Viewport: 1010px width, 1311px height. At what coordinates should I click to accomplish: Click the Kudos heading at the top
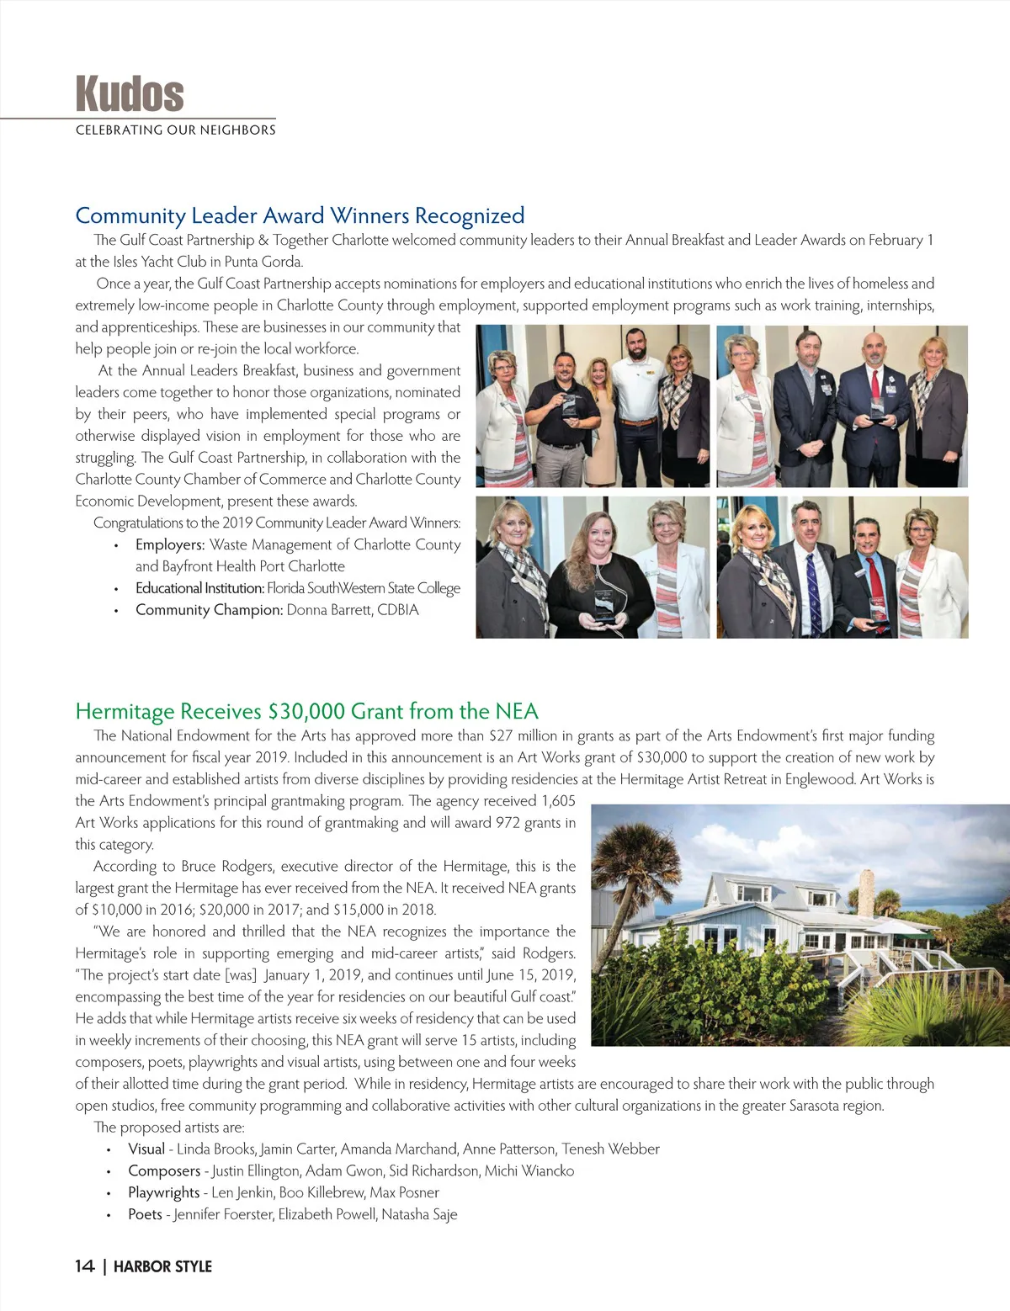(130, 93)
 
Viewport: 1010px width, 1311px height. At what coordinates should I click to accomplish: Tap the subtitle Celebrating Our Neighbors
(175, 130)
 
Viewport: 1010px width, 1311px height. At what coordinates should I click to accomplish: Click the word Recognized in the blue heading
(470, 215)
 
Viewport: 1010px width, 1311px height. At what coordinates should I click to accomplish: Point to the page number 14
(84, 1266)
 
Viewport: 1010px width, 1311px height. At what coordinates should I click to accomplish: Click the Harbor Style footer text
(162, 1266)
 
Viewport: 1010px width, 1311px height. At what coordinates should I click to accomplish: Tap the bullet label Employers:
(170, 544)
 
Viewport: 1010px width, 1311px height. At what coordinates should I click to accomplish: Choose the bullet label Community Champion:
(209, 610)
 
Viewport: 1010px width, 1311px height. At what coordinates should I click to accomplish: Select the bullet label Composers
(163, 1170)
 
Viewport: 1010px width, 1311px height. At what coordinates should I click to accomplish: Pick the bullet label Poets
(145, 1214)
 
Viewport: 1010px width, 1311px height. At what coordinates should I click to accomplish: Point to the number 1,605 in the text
(558, 801)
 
